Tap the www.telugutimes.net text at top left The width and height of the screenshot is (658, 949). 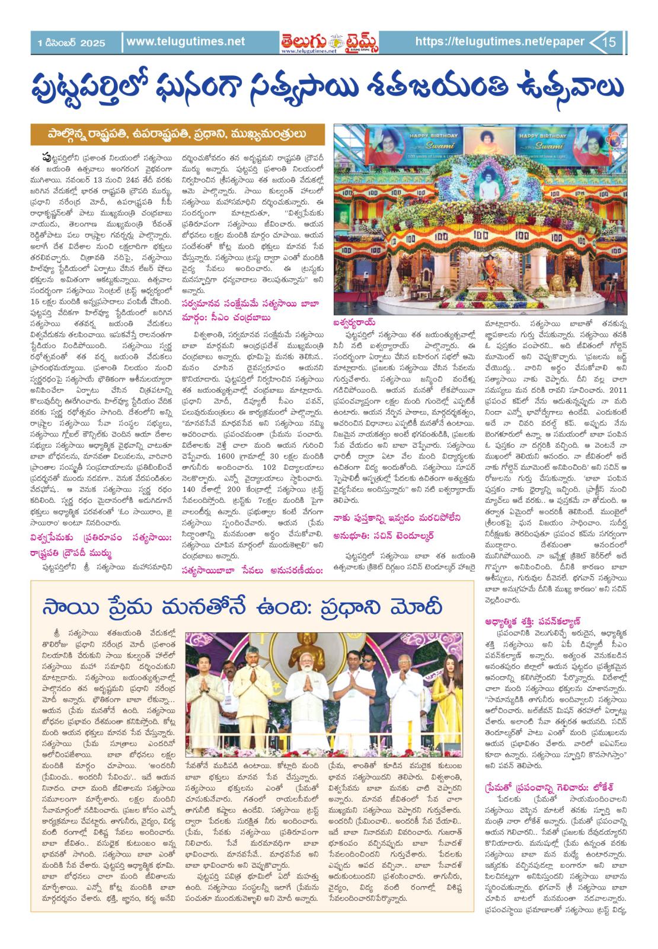pos(186,42)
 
